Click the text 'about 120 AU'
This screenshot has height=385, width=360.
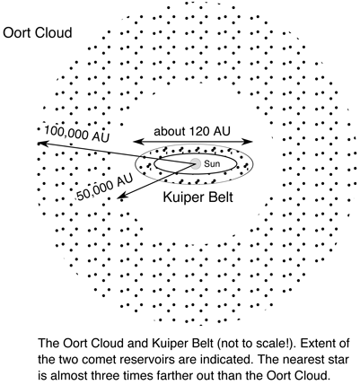click(x=194, y=131)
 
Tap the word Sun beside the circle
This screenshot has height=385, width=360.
click(x=215, y=165)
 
